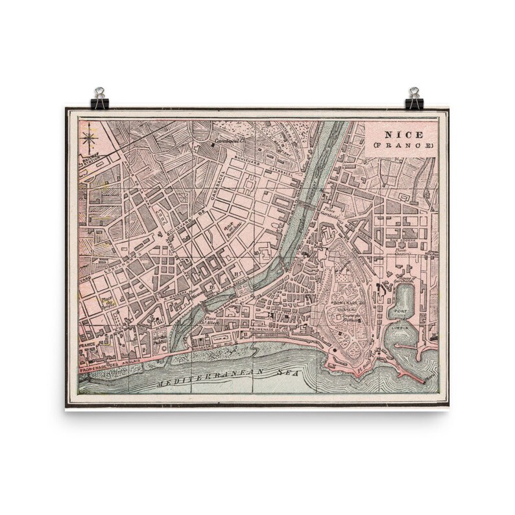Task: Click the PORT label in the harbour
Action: pyautogui.click(x=400, y=312)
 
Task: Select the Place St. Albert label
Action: pyautogui.click(x=211, y=321)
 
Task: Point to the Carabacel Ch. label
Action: pyautogui.click(x=228, y=140)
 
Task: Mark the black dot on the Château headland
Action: pyautogui.click(x=332, y=351)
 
